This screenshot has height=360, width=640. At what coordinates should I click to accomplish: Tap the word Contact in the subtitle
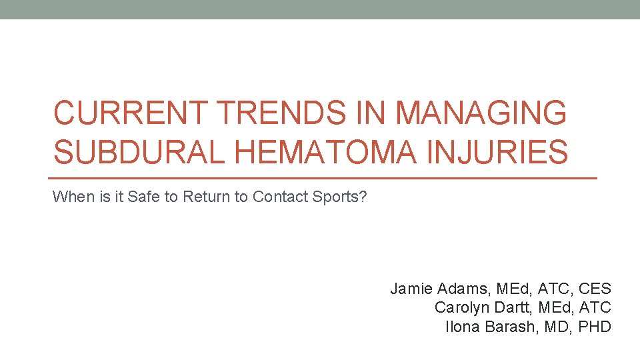coord(279,197)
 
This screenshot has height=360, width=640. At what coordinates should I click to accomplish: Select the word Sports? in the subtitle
coord(339,197)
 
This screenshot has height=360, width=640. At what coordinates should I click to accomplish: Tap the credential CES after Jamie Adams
coord(595,289)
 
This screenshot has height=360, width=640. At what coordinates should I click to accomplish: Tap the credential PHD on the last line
coord(593,327)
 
